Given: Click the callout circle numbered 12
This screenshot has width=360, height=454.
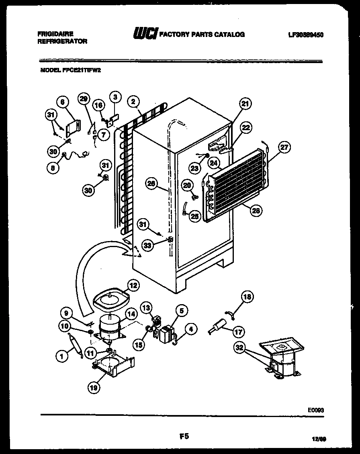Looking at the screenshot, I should pos(133,285).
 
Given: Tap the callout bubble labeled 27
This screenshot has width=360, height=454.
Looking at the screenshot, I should pos(284,147).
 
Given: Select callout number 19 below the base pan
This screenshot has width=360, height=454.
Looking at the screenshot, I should pos(94,387).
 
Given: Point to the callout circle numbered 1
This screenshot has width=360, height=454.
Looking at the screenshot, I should pos(61,355).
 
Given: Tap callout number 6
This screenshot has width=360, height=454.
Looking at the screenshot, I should pos(62,102).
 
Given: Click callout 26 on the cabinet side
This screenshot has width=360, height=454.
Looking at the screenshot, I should pos(151,184).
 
